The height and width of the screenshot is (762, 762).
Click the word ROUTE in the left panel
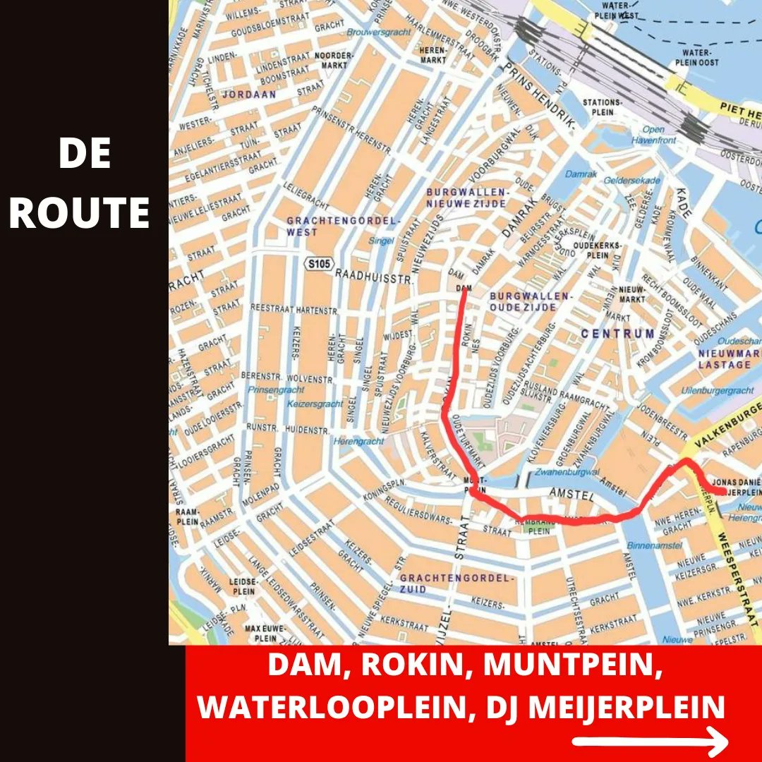pos(79,212)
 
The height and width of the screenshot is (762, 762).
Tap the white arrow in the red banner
pos(650,742)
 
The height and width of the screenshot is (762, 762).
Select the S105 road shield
pos(317,264)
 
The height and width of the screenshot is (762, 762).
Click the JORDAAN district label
pos(249,94)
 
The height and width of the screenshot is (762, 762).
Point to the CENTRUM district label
pos(617,333)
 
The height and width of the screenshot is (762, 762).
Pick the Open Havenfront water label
pos(653,135)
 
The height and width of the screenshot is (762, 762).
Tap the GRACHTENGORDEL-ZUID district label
pos(454,583)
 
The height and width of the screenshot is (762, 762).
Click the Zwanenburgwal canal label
pos(567,471)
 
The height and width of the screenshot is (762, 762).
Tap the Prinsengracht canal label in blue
pos(276,389)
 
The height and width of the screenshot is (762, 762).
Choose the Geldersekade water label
pos(631,181)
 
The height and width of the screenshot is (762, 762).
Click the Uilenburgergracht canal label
pos(718,390)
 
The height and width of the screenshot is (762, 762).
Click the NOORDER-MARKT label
pos(333,60)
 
